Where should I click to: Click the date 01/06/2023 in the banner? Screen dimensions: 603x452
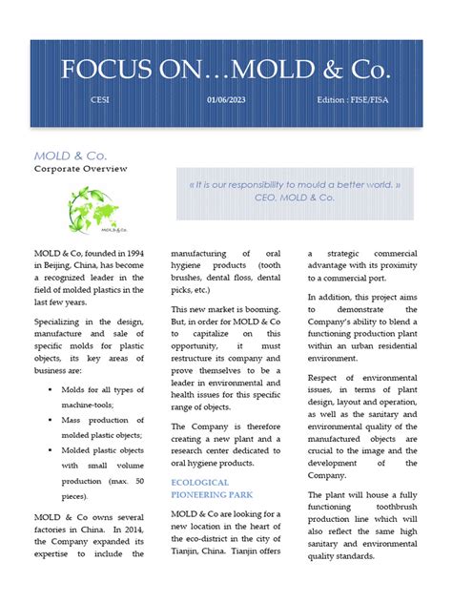coord(225,99)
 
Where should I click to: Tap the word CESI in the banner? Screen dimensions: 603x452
coord(99,99)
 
